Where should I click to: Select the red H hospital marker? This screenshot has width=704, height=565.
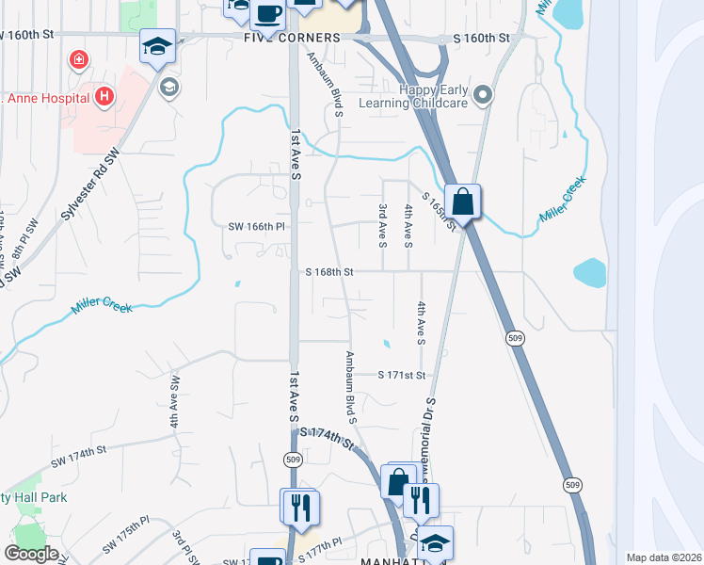coord(104,96)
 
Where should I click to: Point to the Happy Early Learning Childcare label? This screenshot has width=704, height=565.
coord(435,97)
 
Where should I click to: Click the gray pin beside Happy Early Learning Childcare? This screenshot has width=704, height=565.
coord(483,94)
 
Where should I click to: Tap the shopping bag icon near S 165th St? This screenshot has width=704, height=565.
coord(463,202)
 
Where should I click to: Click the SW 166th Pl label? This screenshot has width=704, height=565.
coord(256,226)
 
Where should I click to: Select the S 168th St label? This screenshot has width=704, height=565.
coord(328,272)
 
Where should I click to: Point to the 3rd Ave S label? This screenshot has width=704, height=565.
coord(383,225)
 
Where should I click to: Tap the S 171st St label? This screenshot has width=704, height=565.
coord(402,375)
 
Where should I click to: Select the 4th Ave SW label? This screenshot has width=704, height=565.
coord(175,402)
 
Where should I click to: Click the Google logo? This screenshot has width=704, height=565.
coord(32,554)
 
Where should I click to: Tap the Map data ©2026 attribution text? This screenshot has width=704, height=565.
coord(664,557)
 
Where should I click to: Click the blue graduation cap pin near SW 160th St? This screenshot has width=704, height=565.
coord(156,46)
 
